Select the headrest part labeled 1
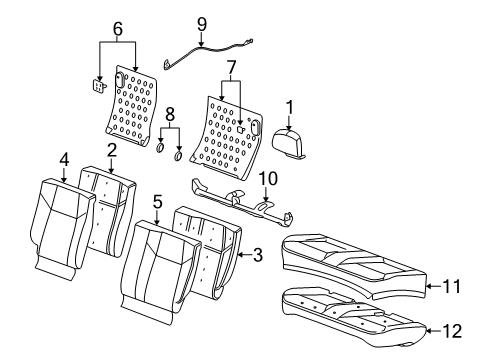click(x=294, y=143)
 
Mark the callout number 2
click(x=113, y=148)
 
